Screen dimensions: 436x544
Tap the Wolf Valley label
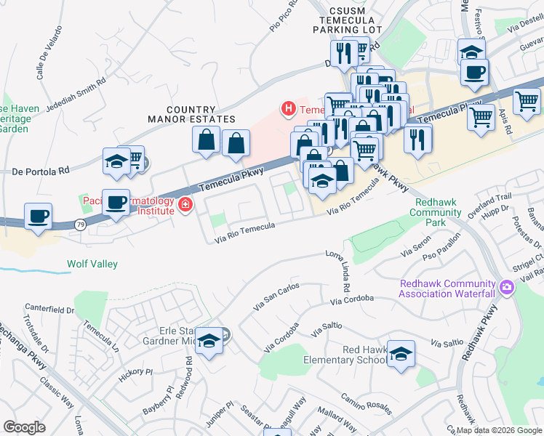(x=92, y=265)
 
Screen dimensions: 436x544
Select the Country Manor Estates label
(x=191, y=113)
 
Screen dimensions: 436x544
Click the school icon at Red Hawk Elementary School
(x=401, y=354)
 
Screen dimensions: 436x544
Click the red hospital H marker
(x=289, y=110)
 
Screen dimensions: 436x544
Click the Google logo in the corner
(x=24, y=427)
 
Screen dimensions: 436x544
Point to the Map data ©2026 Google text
(x=499, y=430)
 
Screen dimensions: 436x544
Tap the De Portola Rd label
(x=40, y=171)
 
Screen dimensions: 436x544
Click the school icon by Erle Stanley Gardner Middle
(x=209, y=342)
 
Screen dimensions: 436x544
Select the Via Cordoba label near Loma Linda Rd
(x=351, y=299)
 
